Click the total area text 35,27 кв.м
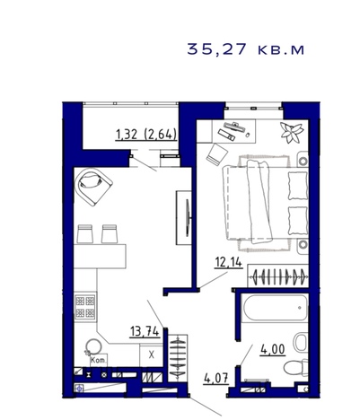pyautogui.click(x=246, y=49)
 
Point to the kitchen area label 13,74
pyautogui.click(x=145, y=331)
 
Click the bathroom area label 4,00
pyautogui.click(x=272, y=349)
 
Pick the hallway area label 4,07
pyautogui.click(x=216, y=379)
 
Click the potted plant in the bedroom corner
pyautogui.click(x=292, y=132)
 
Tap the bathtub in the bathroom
pyautogui.click(x=275, y=308)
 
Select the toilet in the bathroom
pyautogui.click(x=295, y=367)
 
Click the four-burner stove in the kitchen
pyautogui.click(x=85, y=306)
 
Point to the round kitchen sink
pyautogui.click(x=94, y=347)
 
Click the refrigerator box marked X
pyautogui.click(x=152, y=355)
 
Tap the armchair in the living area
pyautogui.click(x=93, y=187)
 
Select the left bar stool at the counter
pyautogui.click(x=85, y=234)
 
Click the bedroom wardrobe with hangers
pyautogui.click(x=278, y=276)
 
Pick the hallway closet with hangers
pyautogui.click(x=178, y=358)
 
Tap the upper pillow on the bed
pyautogui.click(x=298, y=186)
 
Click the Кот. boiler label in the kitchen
pyautogui.click(x=99, y=360)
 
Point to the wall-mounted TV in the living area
pyautogui.click(x=188, y=218)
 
